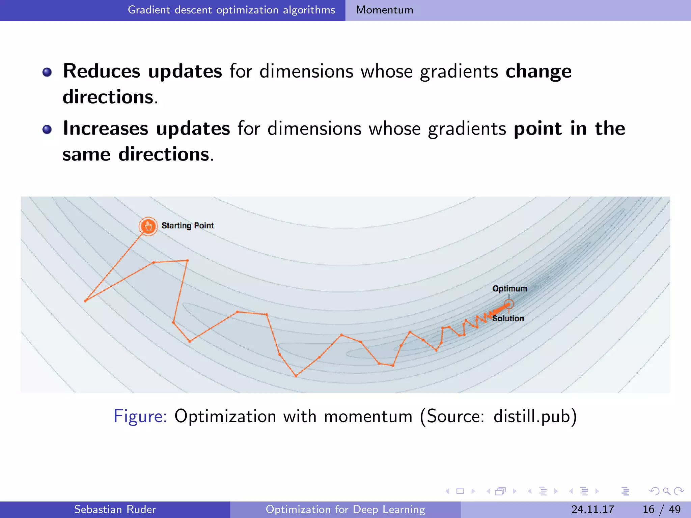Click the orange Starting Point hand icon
(148, 226)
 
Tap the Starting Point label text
(188, 226)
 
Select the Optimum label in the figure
(509, 289)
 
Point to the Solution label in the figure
(508, 318)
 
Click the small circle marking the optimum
(509, 304)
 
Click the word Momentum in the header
(384, 10)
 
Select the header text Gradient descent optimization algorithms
(231, 10)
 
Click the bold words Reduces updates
(142, 71)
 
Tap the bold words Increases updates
(146, 128)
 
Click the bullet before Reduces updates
(47, 72)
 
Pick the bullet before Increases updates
(47, 129)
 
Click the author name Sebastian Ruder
(115, 509)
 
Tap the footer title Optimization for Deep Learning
(345, 509)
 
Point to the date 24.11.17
(592, 509)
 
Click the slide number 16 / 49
(661, 509)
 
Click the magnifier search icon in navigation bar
(666, 491)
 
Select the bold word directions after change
(108, 97)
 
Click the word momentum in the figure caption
(368, 416)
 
